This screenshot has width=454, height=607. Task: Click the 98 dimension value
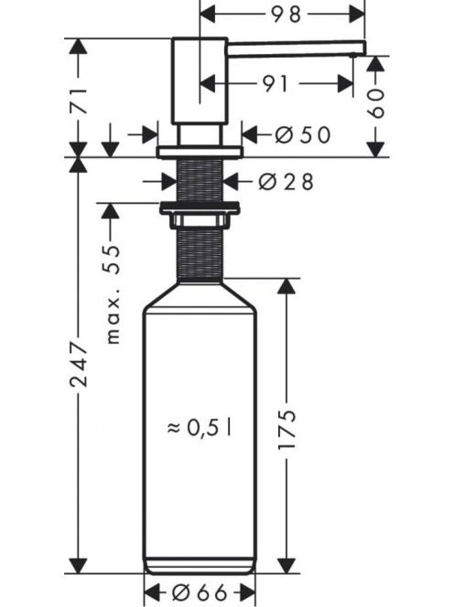click(286, 15)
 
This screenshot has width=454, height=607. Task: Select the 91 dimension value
click(276, 84)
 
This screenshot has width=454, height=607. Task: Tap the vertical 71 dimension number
click(79, 101)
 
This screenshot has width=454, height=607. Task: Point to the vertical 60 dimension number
click(375, 103)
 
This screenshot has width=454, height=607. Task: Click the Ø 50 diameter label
click(303, 135)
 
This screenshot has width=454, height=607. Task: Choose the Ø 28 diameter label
click(286, 182)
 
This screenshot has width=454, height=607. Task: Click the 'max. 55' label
click(113, 294)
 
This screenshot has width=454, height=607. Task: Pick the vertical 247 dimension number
click(79, 364)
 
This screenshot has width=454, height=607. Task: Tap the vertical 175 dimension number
click(286, 429)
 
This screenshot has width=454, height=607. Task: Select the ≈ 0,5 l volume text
click(200, 428)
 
